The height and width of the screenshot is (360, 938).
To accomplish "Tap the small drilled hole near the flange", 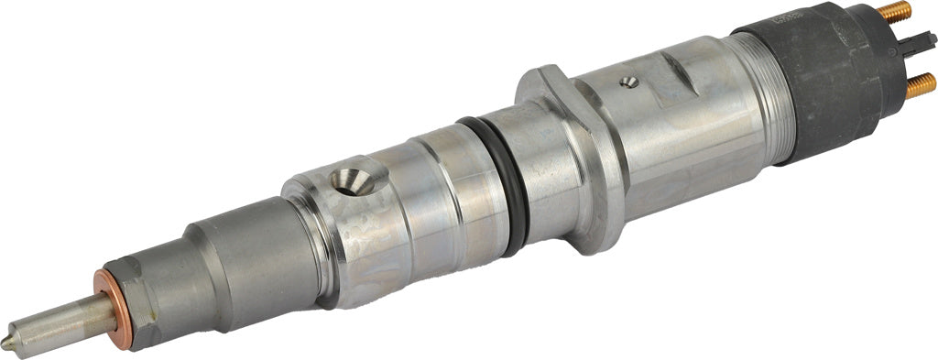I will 628,82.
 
